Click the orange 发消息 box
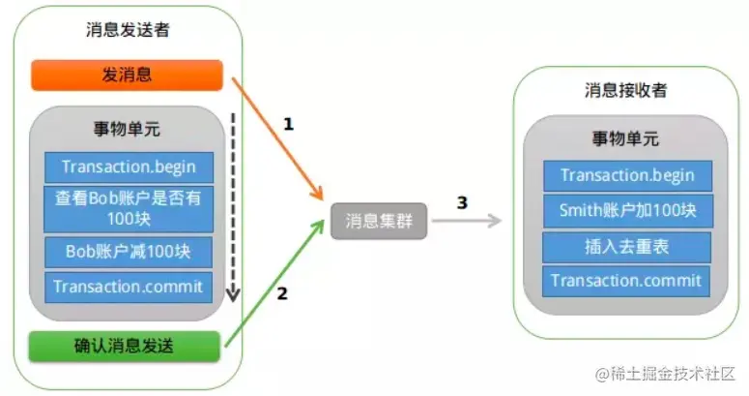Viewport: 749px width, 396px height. pyautogui.click(x=127, y=76)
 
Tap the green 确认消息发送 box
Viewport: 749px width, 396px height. pyautogui.click(x=125, y=346)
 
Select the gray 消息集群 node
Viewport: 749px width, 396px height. pyautogui.click(x=379, y=221)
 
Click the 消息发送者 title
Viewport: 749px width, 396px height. pyautogui.click(x=128, y=30)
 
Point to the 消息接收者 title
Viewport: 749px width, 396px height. pyautogui.click(x=625, y=90)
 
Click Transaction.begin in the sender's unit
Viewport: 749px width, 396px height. pyautogui.click(x=129, y=168)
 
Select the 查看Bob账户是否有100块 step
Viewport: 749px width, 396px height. pyautogui.click(x=129, y=209)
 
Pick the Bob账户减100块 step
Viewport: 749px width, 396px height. pyautogui.click(x=129, y=252)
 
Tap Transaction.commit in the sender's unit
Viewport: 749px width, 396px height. pyautogui.click(x=129, y=287)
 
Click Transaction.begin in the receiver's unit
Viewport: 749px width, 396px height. pyautogui.click(x=627, y=176)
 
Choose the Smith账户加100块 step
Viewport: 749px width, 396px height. pyautogui.click(x=627, y=211)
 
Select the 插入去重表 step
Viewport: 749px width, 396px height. pyautogui.click(x=626, y=247)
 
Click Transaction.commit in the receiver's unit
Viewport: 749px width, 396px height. pyautogui.click(x=626, y=281)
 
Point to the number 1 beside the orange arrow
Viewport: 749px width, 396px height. pyautogui.click(x=288, y=125)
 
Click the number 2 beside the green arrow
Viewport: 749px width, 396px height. pyautogui.click(x=282, y=293)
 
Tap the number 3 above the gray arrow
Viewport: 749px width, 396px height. pyautogui.click(x=462, y=202)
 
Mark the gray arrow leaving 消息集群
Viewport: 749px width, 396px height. pyautogui.click(x=467, y=221)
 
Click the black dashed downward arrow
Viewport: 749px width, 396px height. pyautogui.click(x=233, y=207)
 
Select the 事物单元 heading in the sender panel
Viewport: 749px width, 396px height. pyautogui.click(x=127, y=129)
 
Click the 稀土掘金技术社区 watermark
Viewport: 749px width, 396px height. pyautogui.click(x=665, y=374)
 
